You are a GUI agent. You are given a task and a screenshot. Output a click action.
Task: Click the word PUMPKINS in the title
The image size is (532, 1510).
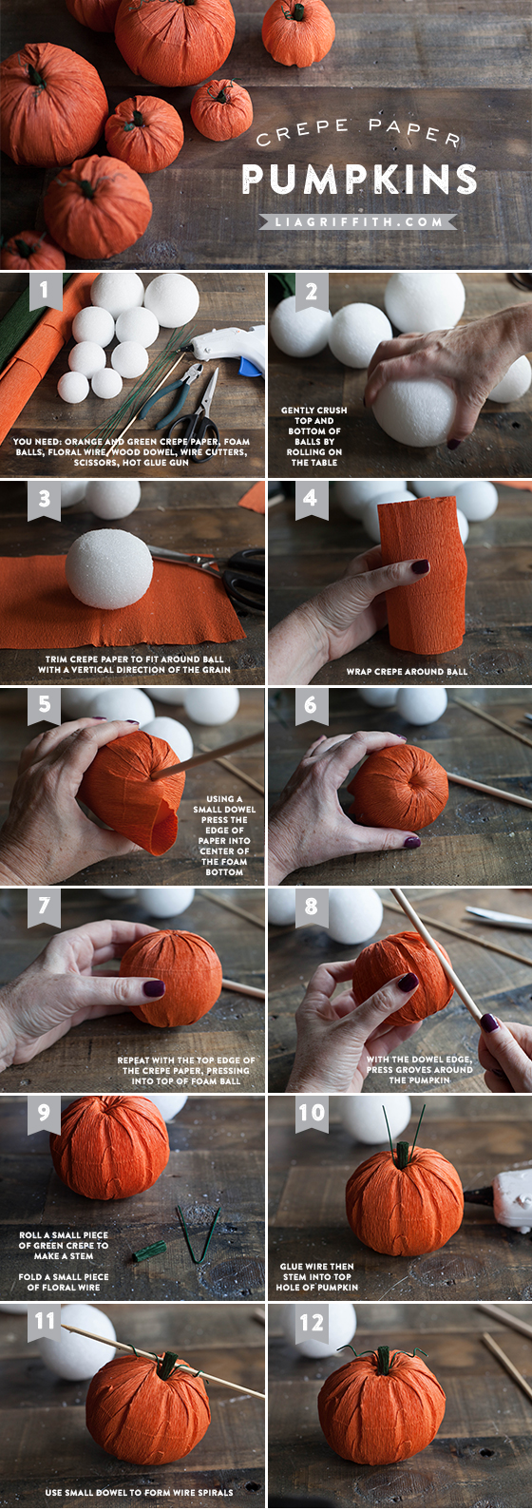(x=359, y=180)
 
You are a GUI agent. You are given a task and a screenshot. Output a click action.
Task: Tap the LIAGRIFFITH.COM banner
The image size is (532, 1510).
(x=358, y=221)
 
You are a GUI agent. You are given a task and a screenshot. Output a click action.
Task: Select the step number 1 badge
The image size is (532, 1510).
(x=45, y=291)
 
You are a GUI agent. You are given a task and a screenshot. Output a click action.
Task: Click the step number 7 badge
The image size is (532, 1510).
(x=45, y=907)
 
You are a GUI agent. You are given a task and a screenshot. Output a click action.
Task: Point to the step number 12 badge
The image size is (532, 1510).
(x=312, y=1322)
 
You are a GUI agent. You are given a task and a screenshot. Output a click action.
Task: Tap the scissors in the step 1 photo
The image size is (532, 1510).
(x=197, y=412)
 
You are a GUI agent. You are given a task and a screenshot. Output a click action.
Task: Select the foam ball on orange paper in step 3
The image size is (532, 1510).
(x=109, y=567)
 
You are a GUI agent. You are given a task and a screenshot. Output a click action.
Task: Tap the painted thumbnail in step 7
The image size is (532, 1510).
(x=154, y=988)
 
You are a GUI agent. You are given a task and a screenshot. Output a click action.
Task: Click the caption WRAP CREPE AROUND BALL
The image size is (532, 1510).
(x=407, y=672)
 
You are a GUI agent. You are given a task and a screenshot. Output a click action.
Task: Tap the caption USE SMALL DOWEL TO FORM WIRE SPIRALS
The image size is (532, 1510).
(x=139, y=1493)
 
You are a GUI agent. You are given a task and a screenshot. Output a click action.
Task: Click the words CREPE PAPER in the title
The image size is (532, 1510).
(x=359, y=132)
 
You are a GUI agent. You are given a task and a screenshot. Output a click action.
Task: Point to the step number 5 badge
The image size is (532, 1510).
(x=45, y=704)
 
